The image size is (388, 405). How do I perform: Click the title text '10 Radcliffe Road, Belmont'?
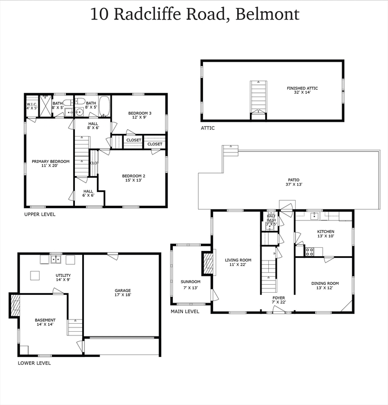coord(195,14)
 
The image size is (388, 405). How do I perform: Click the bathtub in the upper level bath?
coord(104,107)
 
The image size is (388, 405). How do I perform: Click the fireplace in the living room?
coord(208,263)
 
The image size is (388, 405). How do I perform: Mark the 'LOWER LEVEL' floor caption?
coord(34,363)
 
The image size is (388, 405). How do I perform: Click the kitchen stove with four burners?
coord(309,252)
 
